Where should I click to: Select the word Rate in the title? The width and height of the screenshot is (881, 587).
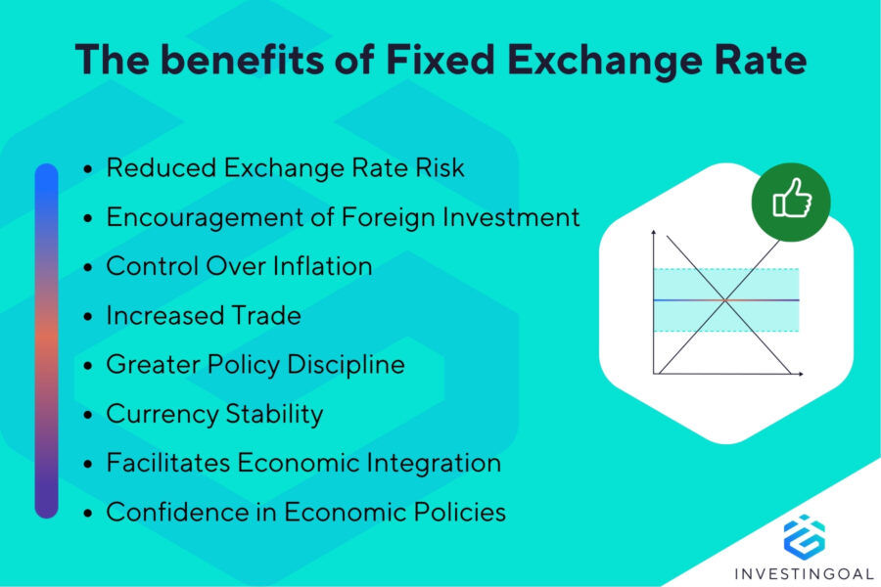[x=757, y=60]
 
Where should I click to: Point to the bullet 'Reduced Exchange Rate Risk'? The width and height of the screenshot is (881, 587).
[x=285, y=168]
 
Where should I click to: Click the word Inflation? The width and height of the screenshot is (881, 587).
[x=318, y=266]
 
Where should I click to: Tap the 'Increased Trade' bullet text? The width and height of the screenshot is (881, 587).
[x=203, y=315]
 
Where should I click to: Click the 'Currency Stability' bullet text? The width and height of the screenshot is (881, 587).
[x=214, y=414]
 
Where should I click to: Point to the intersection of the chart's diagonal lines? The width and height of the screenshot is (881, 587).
[x=725, y=299]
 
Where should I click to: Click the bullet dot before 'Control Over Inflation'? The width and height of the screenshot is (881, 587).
[x=88, y=267]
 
